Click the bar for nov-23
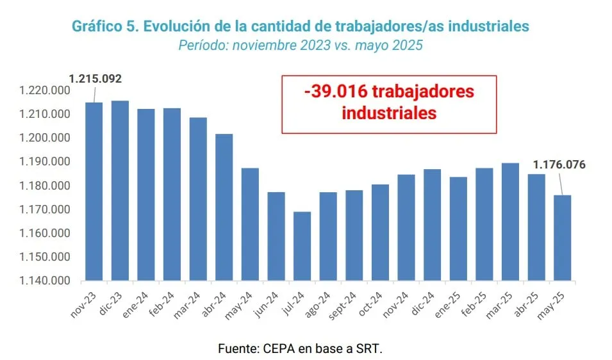coord(94,192)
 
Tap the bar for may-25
coord(562,238)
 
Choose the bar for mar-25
coord(510,222)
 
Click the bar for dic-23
coord(120,191)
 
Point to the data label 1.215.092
coord(95,79)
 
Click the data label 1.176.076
coord(559,165)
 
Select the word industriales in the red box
coord(389,113)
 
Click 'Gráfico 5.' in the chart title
coord(103,26)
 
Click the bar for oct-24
coord(380,233)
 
